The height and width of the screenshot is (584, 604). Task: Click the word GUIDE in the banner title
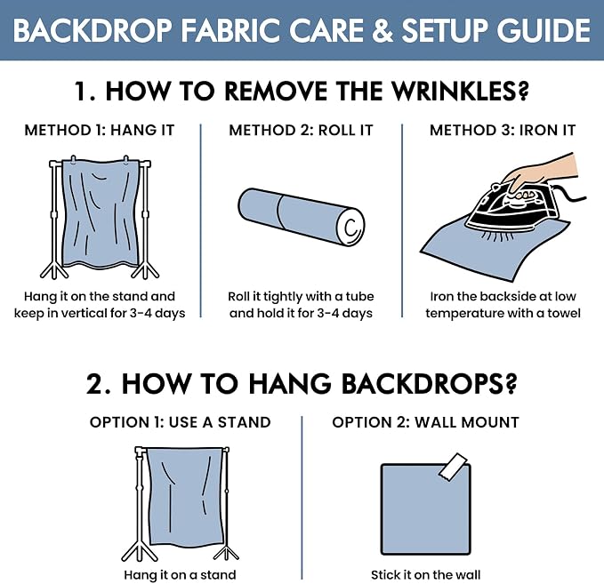tap(544, 30)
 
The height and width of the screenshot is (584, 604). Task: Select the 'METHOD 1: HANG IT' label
tap(100, 130)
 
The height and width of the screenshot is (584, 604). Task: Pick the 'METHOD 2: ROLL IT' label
tap(302, 130)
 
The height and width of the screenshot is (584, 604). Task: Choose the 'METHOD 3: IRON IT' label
tap(503, 130)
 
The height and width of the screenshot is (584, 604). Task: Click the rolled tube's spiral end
tap(350, 228)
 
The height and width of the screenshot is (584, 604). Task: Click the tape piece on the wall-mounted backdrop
tap(453, 466)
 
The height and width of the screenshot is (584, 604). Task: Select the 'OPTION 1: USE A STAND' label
tap(181, 422)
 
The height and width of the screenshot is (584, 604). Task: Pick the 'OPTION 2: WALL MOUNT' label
tap(426, 422)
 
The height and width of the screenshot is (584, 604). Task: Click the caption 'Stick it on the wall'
tap(426, 575)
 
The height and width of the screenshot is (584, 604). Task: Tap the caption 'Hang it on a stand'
tap(180, 575)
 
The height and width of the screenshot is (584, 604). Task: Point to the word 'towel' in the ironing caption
tap(564, 313)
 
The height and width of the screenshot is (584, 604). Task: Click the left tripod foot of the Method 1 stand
tap(54, 269)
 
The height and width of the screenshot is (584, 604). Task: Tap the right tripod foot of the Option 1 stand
tap(226, 552)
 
